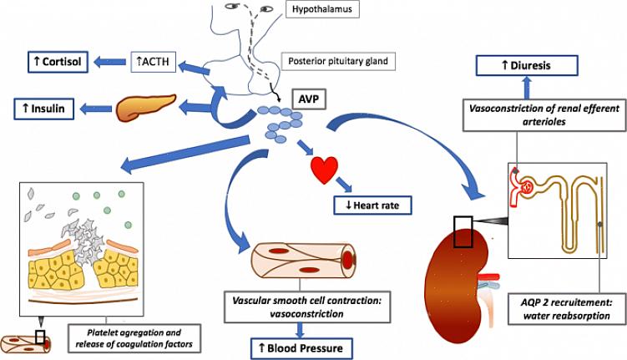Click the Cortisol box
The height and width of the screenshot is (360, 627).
click(52, 61)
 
